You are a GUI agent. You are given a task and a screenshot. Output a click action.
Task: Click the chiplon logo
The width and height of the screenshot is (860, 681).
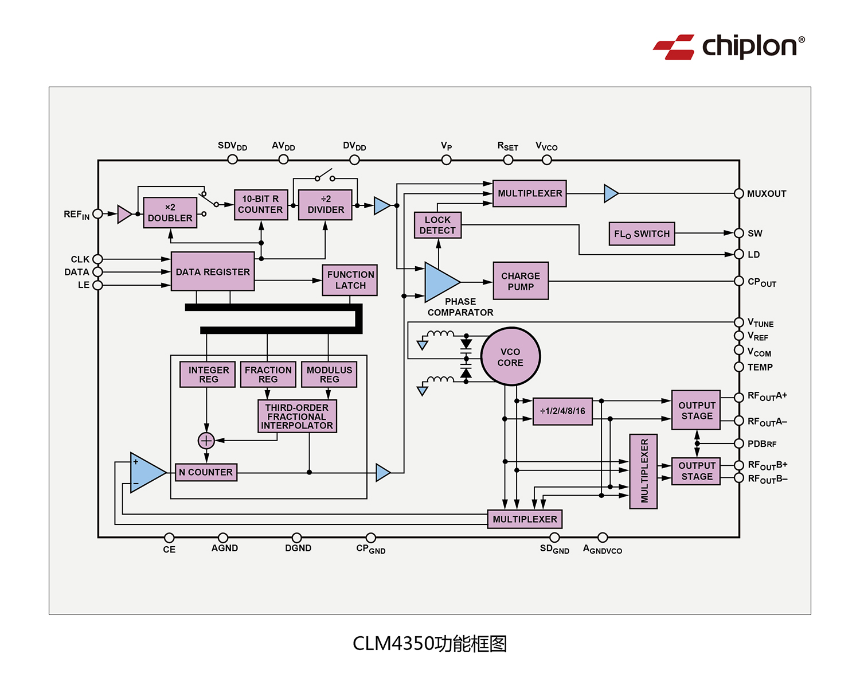729,46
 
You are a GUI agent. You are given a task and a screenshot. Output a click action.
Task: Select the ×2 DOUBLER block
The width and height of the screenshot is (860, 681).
170,213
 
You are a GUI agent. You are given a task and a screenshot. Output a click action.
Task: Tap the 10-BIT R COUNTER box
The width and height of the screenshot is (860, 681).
261,205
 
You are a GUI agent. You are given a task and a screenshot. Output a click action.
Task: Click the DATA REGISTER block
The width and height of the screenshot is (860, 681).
213,271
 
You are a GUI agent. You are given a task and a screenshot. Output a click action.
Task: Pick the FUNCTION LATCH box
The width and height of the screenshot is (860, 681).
350,280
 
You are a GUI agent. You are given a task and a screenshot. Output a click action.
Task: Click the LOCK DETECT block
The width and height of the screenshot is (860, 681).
437,225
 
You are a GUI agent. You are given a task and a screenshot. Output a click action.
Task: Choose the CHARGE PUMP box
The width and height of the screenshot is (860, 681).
521,281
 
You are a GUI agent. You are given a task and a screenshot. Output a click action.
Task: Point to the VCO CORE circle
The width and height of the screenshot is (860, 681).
510,357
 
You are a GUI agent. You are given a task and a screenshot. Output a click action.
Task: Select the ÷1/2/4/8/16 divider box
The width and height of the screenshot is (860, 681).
562,411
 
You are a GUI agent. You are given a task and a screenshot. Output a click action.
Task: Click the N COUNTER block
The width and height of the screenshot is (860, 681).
206,472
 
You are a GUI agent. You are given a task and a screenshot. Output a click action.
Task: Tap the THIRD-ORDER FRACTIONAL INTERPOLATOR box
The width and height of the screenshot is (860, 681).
297,417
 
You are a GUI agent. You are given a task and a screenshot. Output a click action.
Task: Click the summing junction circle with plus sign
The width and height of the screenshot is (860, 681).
206,441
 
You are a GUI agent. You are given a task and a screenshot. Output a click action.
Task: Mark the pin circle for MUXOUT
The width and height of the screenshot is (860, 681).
739,194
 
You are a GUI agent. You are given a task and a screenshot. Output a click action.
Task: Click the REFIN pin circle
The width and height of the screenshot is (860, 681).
98,214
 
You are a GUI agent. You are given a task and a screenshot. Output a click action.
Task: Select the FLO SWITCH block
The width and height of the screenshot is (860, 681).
642,234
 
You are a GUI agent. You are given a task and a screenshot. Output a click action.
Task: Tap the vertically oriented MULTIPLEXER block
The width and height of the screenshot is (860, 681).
643,472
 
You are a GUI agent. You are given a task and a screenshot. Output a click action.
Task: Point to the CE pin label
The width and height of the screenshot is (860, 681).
169,550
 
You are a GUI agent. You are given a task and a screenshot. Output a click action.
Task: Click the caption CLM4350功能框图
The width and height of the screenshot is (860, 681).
429,644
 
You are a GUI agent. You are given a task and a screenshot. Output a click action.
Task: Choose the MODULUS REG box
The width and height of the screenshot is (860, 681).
329,375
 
